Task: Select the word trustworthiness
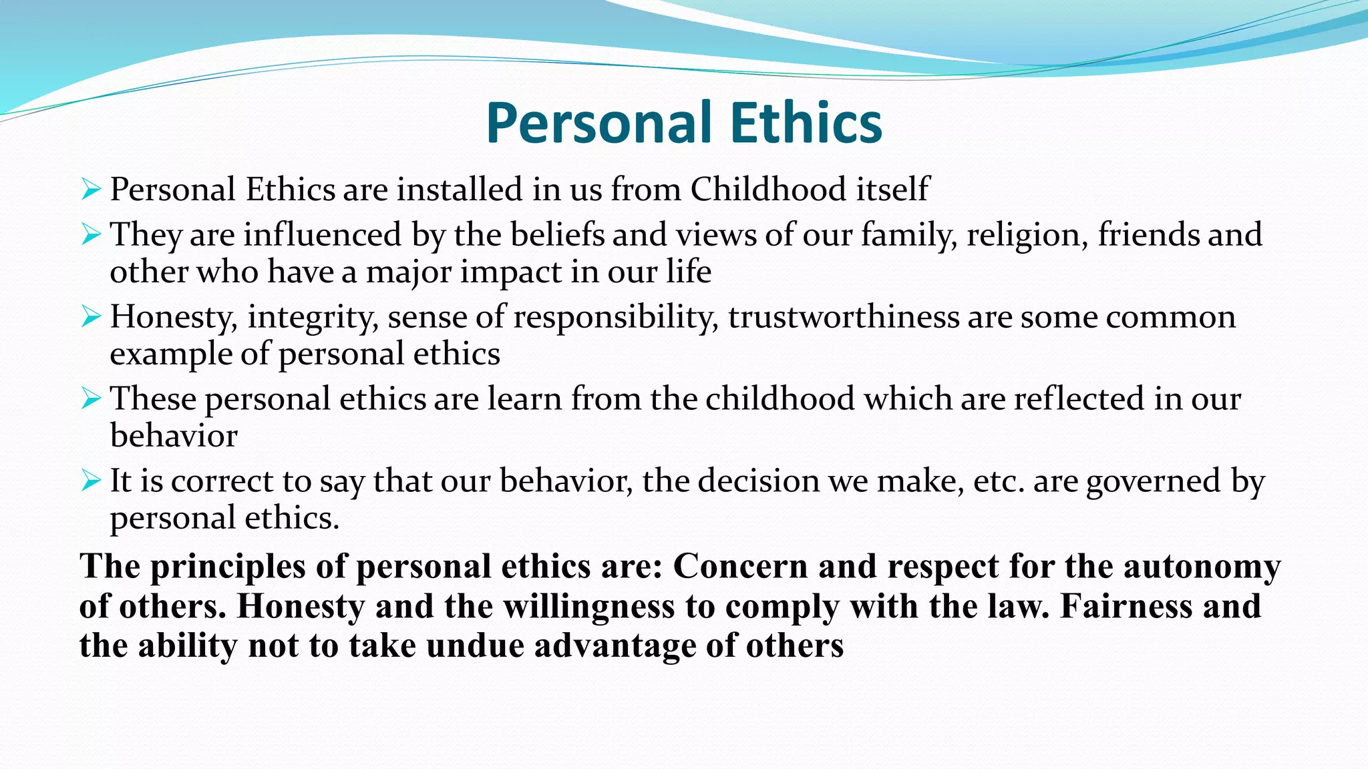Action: [844, 316]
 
